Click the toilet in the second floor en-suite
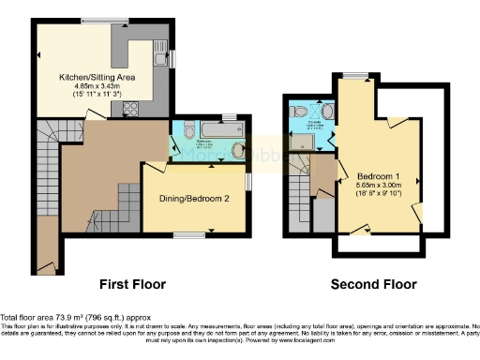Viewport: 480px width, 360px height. pos(299,112)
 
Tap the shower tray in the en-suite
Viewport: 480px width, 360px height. pos(302,141)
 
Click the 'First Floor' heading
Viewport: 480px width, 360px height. pos(132,283)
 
